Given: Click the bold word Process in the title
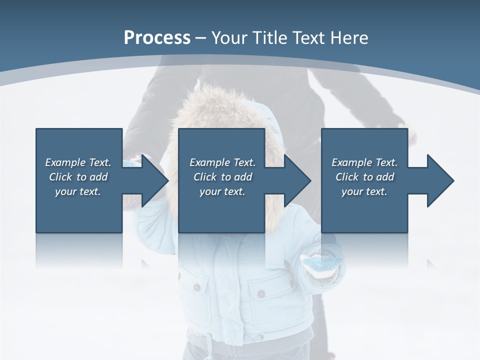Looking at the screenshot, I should click(x=157, y=38).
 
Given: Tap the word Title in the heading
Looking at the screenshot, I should click(x=270, y=38).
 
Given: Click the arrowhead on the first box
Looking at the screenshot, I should click(x=152, y=180).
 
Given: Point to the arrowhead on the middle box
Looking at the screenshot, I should click(x=295, y=180).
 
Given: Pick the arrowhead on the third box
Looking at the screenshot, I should click(x=438, y=180).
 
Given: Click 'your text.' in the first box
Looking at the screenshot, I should click(x=78, y=191).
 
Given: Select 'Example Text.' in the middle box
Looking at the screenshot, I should click(x=222, y=162).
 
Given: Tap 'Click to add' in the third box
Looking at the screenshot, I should click(x=365, y=177).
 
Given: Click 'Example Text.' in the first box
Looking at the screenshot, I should click(x=78, y=162).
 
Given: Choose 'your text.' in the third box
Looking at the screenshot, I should click(x=364, y=191).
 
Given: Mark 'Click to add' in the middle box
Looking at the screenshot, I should click(x=222, y=177).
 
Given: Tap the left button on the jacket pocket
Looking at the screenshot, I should click(x=197, y=288).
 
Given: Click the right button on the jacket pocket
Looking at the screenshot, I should click(x=261, y=293).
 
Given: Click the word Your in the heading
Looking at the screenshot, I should click(x=229, y=38).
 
